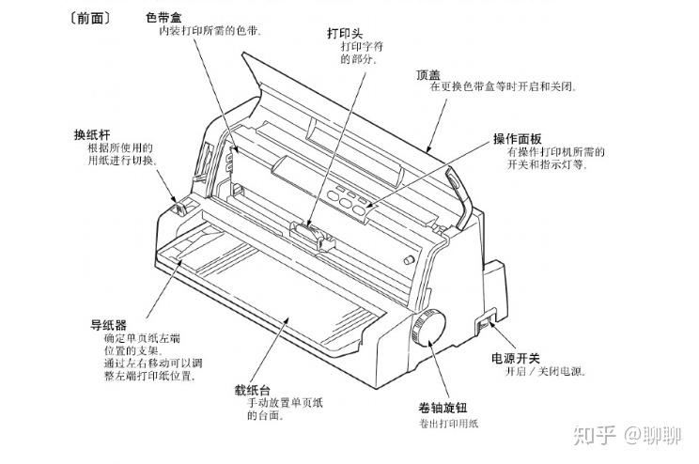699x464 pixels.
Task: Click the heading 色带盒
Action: click(164, 16)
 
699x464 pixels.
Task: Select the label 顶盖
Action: click(427, 73)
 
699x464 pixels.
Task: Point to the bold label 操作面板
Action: click(518, 139)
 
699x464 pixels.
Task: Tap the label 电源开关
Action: click(516, 358)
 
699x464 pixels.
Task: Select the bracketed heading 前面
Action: click(85, 17)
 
